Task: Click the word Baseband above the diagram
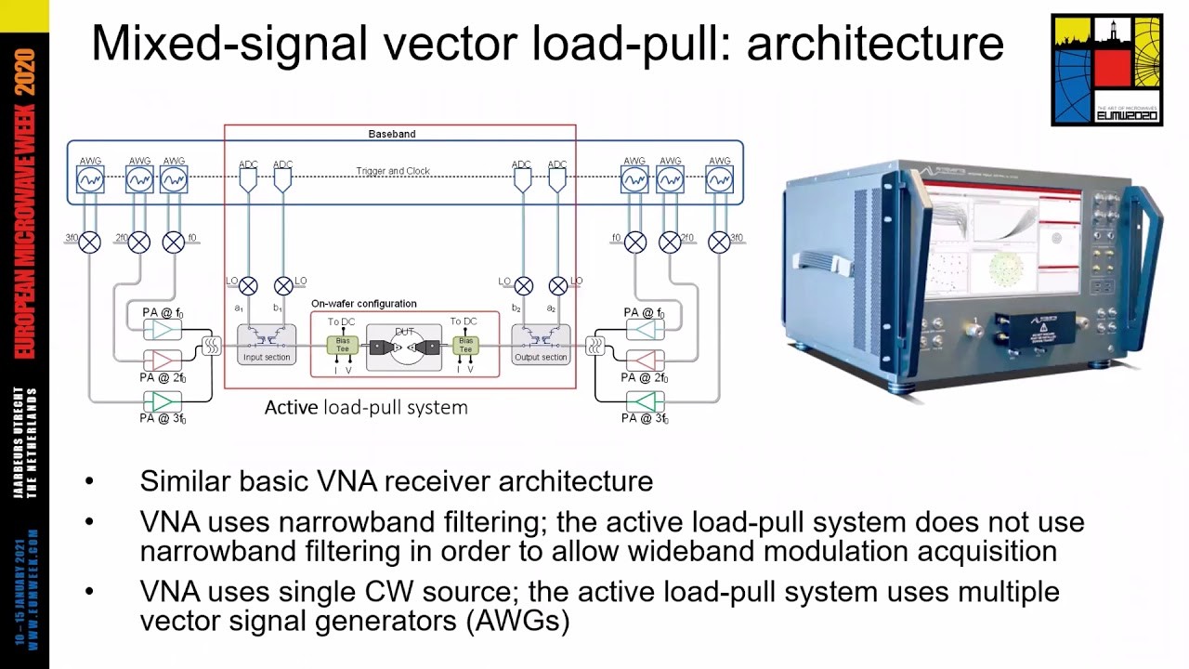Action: point(391,134)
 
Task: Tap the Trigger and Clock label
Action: point(393,171)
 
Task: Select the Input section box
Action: point(266,345)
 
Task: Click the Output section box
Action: point(541,345)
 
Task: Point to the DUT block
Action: point(403,348)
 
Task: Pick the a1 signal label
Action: point(239,308)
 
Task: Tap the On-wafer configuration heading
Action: point(363,304)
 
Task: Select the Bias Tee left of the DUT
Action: point(342,345)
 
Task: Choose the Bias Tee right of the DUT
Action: point(465,345)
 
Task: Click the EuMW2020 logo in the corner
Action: point(1106,70)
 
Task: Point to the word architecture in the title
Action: point(875,44)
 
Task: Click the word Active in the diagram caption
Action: point(292,408)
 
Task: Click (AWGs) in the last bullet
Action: point(519,621)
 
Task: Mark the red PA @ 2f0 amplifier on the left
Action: point(163,359)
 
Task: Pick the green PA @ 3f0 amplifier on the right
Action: point(645,401)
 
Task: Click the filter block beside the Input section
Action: point(211,346)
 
